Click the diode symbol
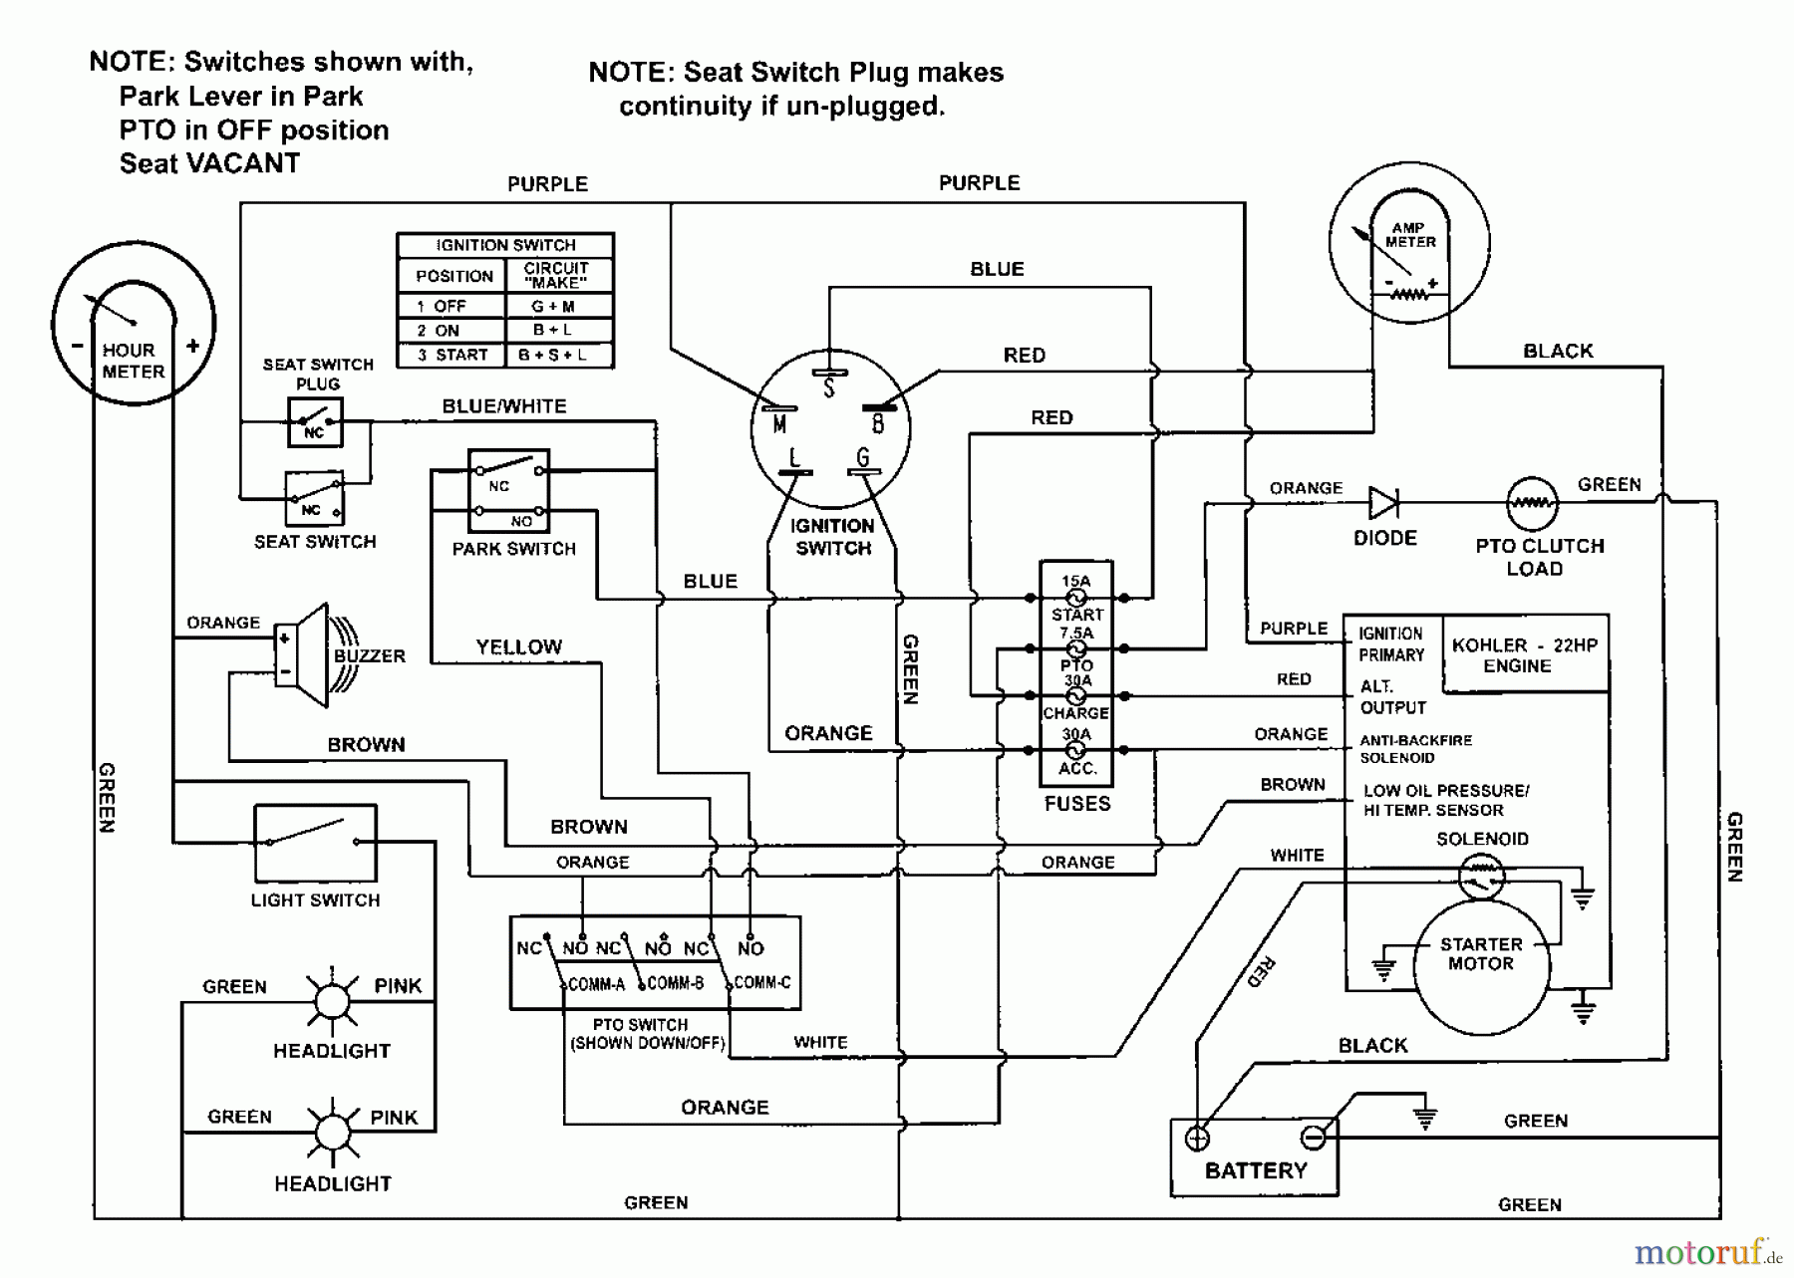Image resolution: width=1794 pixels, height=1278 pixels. pyautogui.click(x=1383, y=503)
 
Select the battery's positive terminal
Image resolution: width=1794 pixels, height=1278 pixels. pyautogui.click(x=1197, y=1138)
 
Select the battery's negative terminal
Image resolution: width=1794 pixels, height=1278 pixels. pyautogui.click(x=1314, y=1138)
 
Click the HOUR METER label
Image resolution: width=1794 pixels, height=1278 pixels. pyautogui.click(x=134, y=361)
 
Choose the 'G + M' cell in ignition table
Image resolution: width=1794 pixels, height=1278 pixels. pyautogui.click(x=553, y=307)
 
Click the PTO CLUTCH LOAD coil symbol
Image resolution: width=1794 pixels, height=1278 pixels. pyautogui.click(x=1532, y=503)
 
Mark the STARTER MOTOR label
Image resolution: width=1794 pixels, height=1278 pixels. pyautogui.click(x=1480, y=953)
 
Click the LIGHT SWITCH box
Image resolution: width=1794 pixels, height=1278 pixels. pyautogui.click(x=315, y=843)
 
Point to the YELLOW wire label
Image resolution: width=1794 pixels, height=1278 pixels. pyautogui.click(x=519, y=647)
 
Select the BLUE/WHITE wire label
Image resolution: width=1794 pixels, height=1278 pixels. pyautogui.click(x=504, y=406)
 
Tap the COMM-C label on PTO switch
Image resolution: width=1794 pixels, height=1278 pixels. pyautogui.click(x=762, y=983)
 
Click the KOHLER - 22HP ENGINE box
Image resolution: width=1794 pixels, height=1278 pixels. pyautogui.click(x=1524, y=654)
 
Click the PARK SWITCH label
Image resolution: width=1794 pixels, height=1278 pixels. pyautogui.click(x=514, y=549)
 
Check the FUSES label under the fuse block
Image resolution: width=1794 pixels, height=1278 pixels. pyautogui.click(x=1076, y=803)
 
